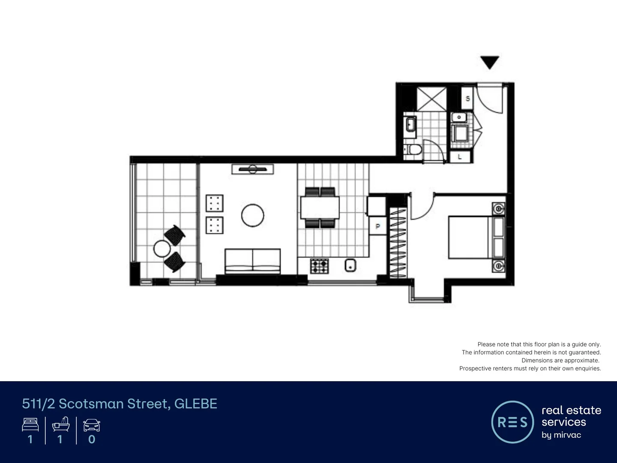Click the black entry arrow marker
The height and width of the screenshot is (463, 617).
click(x=490, y=62)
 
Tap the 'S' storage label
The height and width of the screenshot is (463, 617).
click(x=467, y=99)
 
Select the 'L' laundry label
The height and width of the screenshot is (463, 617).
click(x=460, y=157)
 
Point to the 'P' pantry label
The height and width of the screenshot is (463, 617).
click(x=377, y=226)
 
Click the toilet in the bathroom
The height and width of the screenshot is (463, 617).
click(x=414, y=149)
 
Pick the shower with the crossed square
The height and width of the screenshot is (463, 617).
click(x=431, y=99)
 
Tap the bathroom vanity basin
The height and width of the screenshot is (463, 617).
click(x=410, y=124)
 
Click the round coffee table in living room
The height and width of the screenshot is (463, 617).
click(x=252, y=215)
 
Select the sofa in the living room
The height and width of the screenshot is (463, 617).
click(x=253, y=261)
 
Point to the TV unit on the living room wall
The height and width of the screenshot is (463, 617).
click(x=253, y=169)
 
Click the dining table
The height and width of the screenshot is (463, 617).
click(x=320, y=207)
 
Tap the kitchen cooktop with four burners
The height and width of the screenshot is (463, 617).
click(x=319, y=266)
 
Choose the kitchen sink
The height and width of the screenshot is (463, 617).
click(x=350, y=265)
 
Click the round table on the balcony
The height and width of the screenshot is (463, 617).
click(x=162, y=249)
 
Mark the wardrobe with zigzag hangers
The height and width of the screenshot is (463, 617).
click(x=398, y=242)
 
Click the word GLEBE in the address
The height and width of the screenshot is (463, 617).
click(x=196, y=404)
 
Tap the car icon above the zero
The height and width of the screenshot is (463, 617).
click(x=91, y=425)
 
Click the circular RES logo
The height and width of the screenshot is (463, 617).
click(x=512, y=422)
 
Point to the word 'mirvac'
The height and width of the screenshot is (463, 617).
click(x=567, y=435)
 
